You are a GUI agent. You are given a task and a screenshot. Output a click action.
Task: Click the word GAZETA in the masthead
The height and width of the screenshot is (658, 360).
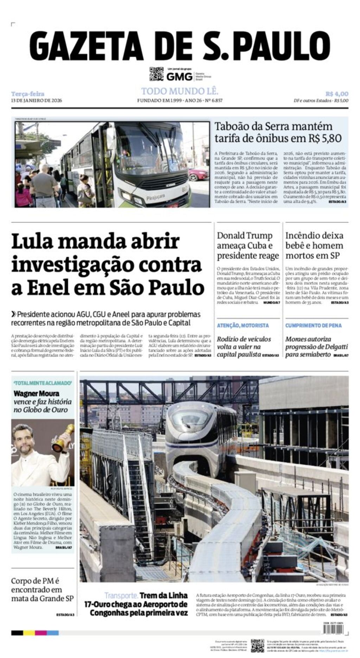click(x=86, y=46)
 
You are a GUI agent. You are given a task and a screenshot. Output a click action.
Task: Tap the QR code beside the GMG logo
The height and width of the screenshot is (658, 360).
click(x=156, y=74)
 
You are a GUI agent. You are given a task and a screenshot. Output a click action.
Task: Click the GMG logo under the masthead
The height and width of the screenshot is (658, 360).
click(x=179, y=76)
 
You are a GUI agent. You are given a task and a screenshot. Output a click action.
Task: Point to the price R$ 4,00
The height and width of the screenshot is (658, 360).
click(x=336, y=94)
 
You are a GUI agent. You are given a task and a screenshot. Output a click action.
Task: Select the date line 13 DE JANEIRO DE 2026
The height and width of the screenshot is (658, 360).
click(x=37, y=101)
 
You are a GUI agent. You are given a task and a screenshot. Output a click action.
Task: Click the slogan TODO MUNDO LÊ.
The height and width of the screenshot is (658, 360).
click(x=180, y=91)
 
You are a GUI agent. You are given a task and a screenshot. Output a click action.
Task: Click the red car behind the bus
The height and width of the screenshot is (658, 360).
click(x=199, y=173)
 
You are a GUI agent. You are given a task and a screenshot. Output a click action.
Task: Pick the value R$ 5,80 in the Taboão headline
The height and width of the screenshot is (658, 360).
click(x=324, y=138)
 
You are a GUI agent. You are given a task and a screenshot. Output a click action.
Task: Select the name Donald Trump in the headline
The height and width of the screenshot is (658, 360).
click(x=245, y=236)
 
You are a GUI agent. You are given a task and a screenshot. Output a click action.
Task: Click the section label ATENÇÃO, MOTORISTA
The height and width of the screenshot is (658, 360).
click(x=243, y=325)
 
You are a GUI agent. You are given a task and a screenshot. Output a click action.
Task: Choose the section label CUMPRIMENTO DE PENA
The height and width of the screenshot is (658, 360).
click(x=313, y=325)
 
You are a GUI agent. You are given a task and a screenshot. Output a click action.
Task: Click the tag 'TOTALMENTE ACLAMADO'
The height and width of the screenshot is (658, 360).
click(x=43, y=383)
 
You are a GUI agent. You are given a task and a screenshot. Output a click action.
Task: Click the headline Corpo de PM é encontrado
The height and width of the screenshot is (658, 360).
click(x=42, y=589)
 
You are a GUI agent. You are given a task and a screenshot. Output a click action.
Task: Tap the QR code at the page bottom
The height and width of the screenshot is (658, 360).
click(x=257, y=645)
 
